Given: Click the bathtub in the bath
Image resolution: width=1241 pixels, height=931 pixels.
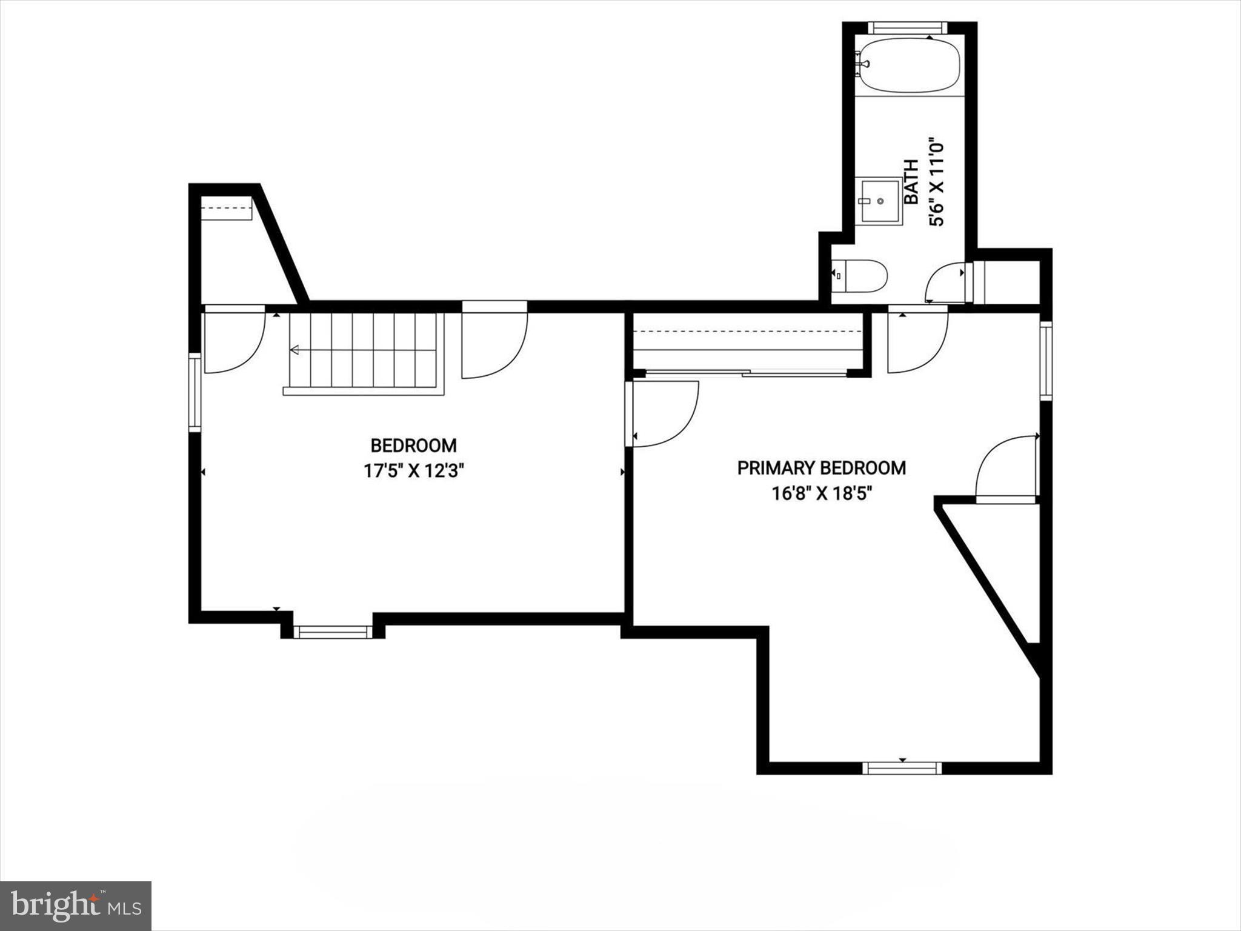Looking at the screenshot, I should [910, 65].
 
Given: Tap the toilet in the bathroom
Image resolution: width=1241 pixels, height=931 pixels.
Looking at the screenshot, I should [860, 276].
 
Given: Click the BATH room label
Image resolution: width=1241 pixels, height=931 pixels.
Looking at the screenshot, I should [911, 182].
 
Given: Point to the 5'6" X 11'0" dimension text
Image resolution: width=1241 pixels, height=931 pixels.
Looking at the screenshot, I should [936, 182].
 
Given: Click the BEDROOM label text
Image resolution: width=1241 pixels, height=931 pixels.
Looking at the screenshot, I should [413, 446].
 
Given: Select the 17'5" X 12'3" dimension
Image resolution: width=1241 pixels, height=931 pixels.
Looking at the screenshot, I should [413, 471].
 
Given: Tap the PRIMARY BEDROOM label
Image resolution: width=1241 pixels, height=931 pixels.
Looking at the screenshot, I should [821, 468].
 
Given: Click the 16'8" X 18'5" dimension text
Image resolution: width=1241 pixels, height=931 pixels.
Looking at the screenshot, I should [821, 493].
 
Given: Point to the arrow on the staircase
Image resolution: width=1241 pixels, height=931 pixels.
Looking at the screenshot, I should [296, 350].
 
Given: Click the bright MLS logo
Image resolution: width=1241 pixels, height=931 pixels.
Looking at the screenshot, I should [76, 906].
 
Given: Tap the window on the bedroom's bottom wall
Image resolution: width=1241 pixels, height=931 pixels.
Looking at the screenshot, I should [333, 632].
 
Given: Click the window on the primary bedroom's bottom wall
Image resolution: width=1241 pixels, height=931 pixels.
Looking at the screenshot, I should [902, 768].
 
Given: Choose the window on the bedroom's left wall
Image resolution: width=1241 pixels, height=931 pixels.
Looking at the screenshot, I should [195, 392].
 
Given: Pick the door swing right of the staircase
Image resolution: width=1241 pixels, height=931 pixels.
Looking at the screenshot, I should [493, 342].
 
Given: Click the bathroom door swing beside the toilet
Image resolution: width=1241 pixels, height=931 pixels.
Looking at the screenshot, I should [947, 282].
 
